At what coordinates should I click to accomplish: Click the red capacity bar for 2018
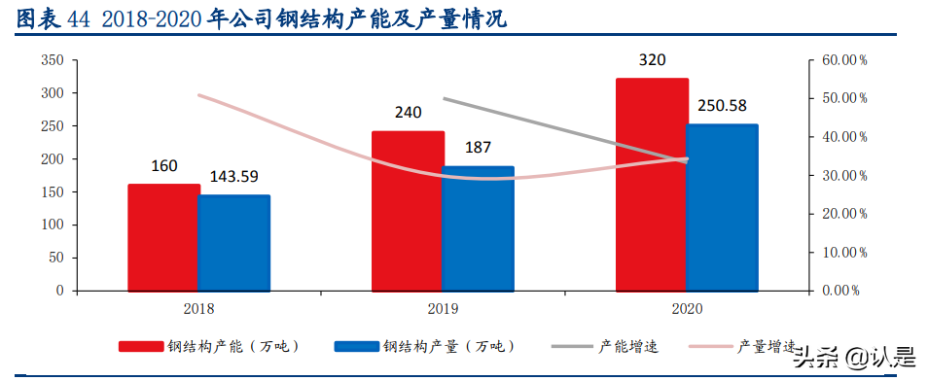click(163, 237)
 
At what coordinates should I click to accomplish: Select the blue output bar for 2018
click(234, 243)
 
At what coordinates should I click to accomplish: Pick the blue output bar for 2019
click(478, 228)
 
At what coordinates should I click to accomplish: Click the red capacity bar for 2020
click(652, 185)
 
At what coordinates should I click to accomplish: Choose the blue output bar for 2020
click(722, 207)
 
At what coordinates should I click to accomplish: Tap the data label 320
click(652, 60)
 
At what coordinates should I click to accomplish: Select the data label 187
click(478, 148)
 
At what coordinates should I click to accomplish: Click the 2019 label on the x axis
click(443, 308)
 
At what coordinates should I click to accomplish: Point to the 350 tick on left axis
click(53, 60)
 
